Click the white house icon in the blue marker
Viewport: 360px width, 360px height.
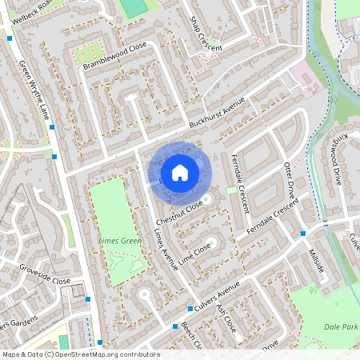180,172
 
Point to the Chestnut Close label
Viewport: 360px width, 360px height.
180,212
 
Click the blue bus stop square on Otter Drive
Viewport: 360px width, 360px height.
303,234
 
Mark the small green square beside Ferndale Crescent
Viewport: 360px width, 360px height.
232,190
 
